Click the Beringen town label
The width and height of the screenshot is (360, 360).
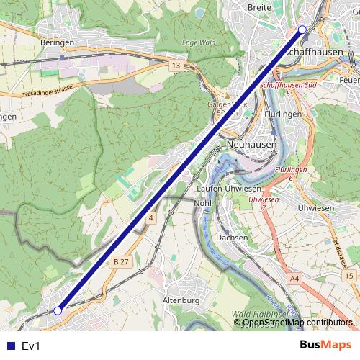point(58,42)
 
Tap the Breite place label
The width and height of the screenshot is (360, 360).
point(258,7)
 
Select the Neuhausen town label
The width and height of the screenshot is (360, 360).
point(251,144)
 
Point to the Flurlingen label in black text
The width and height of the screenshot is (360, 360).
point(282,114)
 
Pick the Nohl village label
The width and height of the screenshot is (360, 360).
point(202,203)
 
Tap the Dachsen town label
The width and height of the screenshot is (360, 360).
point(232,238)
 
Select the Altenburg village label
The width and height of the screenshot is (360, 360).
point(181,300)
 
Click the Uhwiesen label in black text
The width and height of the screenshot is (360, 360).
point(315,207)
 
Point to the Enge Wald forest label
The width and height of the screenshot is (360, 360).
point(199,42)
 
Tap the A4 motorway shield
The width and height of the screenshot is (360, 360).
point(294,277)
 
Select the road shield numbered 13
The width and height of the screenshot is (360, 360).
point(176,66)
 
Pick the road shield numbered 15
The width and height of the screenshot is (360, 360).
point(349,276)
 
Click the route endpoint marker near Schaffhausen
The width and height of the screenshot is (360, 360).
point(302,30)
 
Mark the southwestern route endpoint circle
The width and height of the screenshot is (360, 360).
point(58,311)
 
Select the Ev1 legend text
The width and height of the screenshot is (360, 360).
point(32,346)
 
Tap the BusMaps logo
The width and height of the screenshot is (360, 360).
point(326,346)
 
